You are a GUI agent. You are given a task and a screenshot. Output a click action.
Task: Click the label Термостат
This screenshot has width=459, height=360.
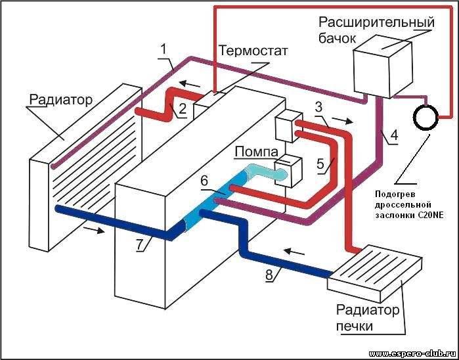(x=253, y=51)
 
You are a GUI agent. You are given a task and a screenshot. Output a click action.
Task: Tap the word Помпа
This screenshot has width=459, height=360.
(x=257, y=152)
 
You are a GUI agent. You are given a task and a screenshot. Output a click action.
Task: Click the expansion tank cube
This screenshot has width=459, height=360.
(x=383, y=68)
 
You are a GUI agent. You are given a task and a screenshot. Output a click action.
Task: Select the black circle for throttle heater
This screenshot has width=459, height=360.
(x=426, y=117)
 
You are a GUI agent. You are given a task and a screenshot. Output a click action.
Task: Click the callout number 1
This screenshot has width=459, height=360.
(x=164, y=49)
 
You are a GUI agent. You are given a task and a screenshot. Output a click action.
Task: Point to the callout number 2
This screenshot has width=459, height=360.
(x=182, y=108)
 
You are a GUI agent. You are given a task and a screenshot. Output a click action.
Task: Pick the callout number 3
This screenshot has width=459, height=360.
(x=319, y=108)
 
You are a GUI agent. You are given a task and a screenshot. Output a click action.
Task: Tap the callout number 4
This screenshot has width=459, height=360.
(x=394, y=135)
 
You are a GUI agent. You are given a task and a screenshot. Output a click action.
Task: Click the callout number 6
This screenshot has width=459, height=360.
(x=204, y=181)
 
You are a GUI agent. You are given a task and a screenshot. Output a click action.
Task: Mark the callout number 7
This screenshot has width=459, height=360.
(x=141, y=244)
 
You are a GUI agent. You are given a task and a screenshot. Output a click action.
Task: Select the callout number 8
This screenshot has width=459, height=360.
(x=270, y=275)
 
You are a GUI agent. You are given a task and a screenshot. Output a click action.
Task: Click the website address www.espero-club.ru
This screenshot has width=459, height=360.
(x=413, y=353)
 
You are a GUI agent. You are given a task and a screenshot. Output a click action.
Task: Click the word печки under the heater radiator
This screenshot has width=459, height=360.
(x=355, y=326)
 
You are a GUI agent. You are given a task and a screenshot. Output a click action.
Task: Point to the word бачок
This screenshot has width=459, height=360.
(x=337, y=38)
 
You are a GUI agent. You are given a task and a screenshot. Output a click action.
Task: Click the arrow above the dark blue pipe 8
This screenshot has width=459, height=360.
(x=294, y=251)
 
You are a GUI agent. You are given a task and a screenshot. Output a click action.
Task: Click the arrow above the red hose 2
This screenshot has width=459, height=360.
(x=190, y=84)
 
